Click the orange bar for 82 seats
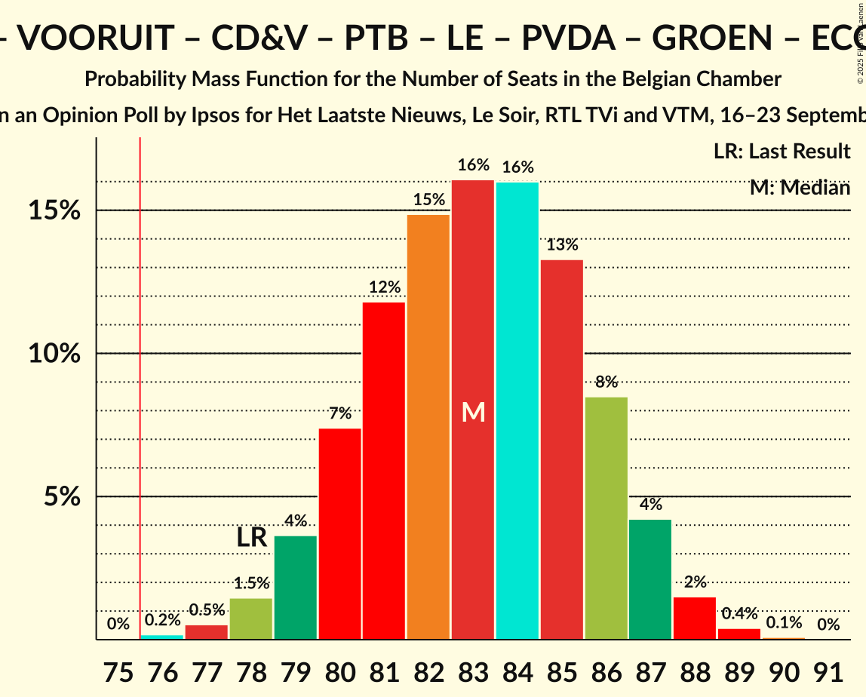point(428,427)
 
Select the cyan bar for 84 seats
point(517,411)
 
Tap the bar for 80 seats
point(339,534)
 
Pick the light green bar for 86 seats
point(606,518)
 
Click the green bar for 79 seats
point(295,588)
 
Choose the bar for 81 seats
point(384,471)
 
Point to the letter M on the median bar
point(473,412)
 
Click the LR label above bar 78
point(251,537)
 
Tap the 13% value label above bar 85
point(562,244)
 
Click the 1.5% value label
point(251,583)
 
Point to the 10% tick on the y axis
point(54,354)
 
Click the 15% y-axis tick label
point(54,210)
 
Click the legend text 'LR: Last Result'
point(782,152)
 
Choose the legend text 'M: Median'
point(800,188)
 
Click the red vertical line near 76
point(140,377)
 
